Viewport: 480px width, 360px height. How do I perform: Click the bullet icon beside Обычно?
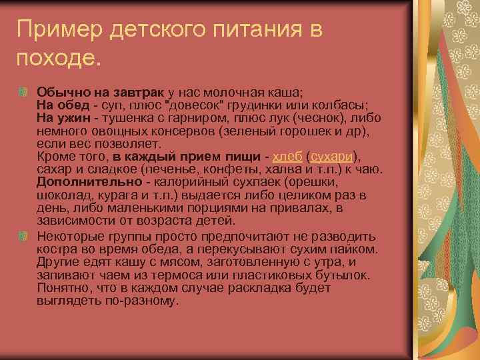[24, 92]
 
